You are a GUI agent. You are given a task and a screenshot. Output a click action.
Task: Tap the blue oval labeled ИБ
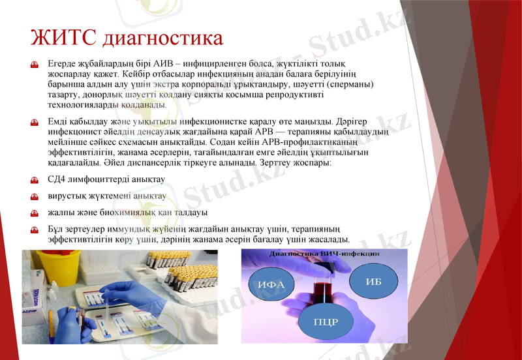(373, 281)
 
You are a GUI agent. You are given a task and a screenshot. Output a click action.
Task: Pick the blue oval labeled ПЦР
(326, 322)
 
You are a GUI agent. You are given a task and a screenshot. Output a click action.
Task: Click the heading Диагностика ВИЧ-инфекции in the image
(325, 253)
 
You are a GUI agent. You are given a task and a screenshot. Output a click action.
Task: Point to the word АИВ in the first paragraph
(168, 63)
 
